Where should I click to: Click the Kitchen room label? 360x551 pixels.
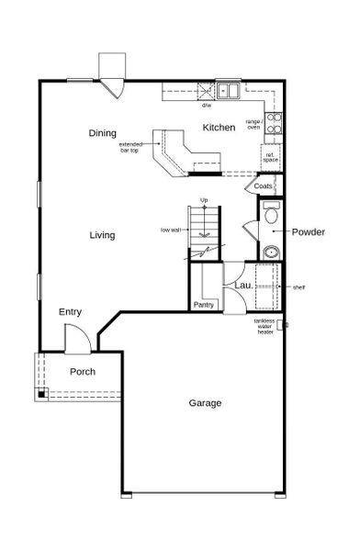tap(219, 128)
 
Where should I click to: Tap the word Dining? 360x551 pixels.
tap(102, 133)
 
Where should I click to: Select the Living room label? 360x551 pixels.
tap(102, 235)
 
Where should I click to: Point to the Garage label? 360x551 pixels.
tap(205, 402)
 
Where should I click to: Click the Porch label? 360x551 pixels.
tap(83, 371)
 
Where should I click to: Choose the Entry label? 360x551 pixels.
tap(71, 312)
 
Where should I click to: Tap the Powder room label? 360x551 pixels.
tap(309, 231)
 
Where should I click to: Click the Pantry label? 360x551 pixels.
tap(203, 304)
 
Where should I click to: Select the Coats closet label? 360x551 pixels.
tap(264, 186)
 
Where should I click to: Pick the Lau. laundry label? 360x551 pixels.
tap(243, 286)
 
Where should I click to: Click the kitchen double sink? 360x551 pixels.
tap(229, 90)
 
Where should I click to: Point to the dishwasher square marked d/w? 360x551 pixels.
tap(206, 92)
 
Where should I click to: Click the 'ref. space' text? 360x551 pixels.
tap(271, 157)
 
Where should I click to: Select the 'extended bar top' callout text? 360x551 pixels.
tap(130, 147)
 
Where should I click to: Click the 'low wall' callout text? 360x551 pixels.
tap(170, 230)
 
